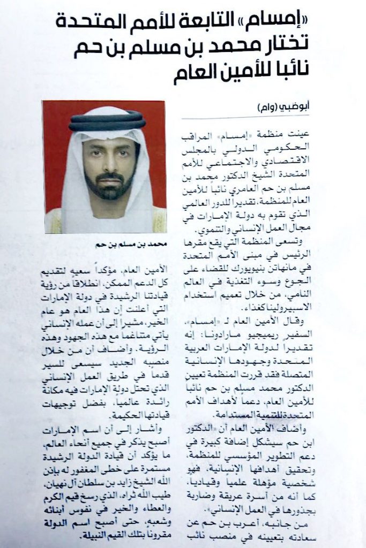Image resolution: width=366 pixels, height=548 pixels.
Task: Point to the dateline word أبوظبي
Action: click(x=332, y=106)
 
